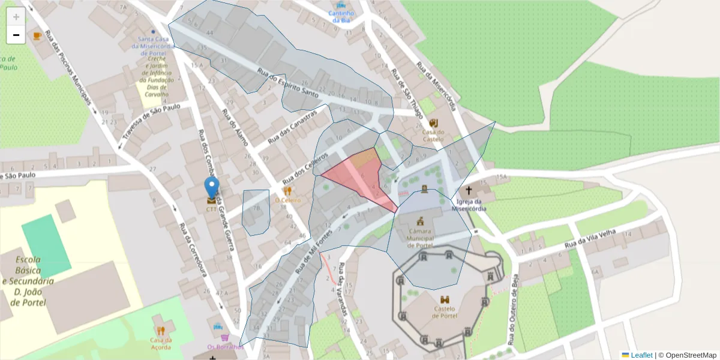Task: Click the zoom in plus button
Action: (16, 16)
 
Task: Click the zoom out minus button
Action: (16, 35)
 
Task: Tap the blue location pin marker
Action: (211, 188)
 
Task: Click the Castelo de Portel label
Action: (445, 312)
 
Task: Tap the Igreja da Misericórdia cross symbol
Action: (469, 190)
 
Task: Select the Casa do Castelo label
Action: (433, 136)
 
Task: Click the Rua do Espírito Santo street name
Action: (287, 83)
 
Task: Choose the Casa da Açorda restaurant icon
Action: (161, 330)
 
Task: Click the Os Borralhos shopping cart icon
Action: (225, 337)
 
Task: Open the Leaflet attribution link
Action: (640, 355)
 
